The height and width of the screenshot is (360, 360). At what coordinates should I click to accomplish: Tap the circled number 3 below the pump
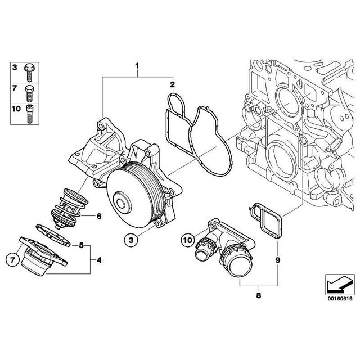[x=130, y=241]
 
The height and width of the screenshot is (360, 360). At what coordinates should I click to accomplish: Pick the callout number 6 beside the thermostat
[x=98, y=215]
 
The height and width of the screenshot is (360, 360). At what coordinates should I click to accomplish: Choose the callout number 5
[x=81, y=245]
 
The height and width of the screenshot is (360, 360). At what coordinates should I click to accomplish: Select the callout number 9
[x=277, y=260]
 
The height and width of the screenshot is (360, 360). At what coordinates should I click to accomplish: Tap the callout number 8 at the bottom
[x=258, y=292]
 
